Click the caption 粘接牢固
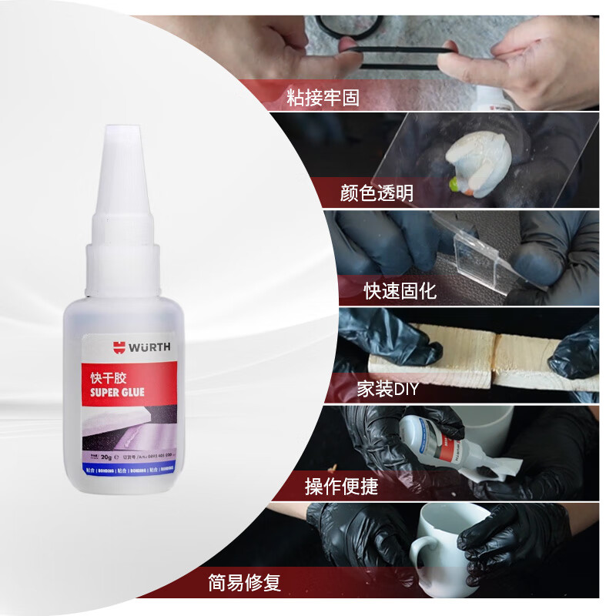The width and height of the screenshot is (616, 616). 323,98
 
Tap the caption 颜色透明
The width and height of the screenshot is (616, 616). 377,192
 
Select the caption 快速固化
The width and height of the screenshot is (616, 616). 400,290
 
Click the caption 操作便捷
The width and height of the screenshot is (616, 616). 341,486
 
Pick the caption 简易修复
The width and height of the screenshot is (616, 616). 244,582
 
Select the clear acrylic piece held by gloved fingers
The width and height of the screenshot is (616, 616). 470,254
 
